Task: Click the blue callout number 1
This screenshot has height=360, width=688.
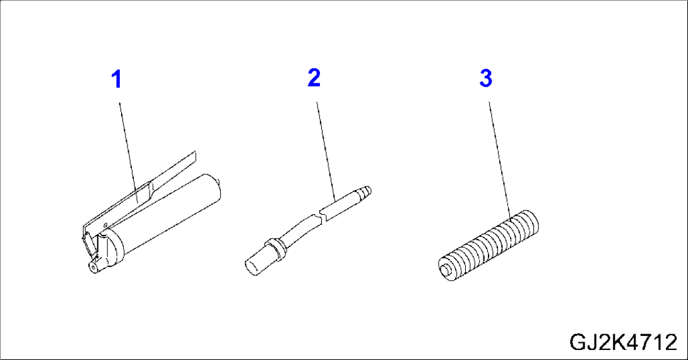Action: tap(116, 80)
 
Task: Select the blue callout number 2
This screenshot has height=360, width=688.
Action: tap(314, 78)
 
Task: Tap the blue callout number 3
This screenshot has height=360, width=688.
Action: tap(485, 79)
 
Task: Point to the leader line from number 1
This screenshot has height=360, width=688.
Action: tap(126, 145)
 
